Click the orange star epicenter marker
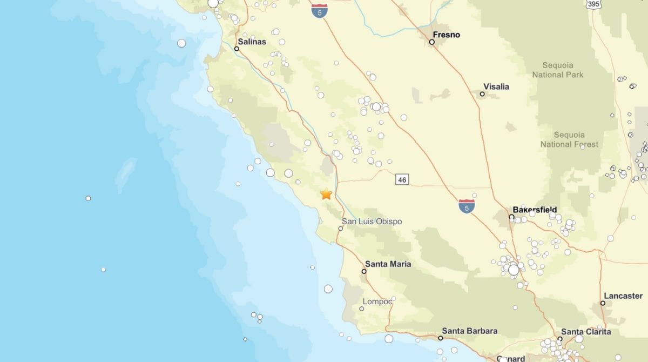click(x=326, y=194)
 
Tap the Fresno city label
click(x=447, y=35)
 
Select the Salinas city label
click(x=252, y=42)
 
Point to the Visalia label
click(x=496, y=86)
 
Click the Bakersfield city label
click(x=535, y=210)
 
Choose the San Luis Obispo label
click(x=372, y=222)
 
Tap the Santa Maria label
click(x=388, y=264)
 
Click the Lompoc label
click(x=377, y=301)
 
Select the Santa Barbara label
click(x=469, y=331)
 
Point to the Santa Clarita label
click(x=586, y=332)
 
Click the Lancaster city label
click(x=623, y=296)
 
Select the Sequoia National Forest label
click(x=569, y=139)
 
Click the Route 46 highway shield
click(x=402, y=179)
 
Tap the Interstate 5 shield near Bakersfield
click(x=467, y=205)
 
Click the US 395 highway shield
click(x=593, y=4)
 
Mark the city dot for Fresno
click(x=432, y=42)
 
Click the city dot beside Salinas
click(x=237, y=49)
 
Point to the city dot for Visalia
click(x=482, y=94)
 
